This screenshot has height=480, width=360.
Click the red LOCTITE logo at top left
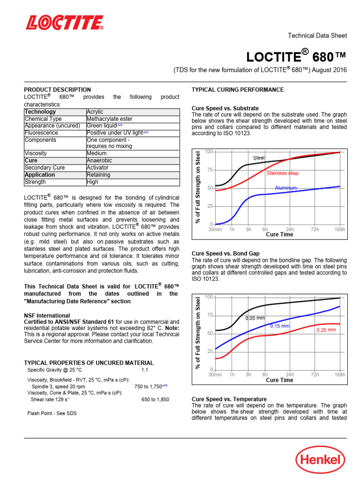(x=64, y=23)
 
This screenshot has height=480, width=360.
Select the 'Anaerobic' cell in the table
(x=99, y=160)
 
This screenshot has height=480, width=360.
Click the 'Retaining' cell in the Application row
(x=98, y=175)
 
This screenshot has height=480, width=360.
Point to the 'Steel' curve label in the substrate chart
(x=259, y=158)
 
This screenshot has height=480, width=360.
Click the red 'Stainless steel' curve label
(x=282, y=173)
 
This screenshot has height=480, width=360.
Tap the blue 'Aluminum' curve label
(x=285, y=188)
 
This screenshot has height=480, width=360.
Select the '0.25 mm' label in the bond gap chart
(x=326, y=330)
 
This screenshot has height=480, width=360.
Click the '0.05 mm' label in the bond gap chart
(x=255, y=318)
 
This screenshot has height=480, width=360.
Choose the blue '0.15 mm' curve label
(x=280, y=326)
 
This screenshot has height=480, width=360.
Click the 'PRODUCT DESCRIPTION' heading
(x=57, y=90)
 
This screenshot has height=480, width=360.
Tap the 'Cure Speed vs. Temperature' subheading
(x=229, y=399)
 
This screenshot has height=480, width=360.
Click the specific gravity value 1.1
(x=144, y=370)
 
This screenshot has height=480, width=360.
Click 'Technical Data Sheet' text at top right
(x=317, y=36)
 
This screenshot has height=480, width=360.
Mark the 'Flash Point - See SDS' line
(x=52, y=413)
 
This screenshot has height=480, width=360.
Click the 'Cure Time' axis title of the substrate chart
(x=279, y=235)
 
